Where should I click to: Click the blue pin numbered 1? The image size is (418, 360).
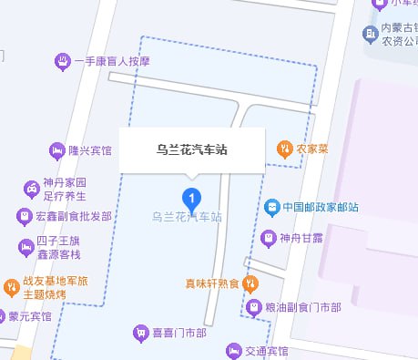pyautogui.click(x=191, y=197)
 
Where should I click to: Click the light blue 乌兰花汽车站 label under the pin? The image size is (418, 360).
pyautogui.click(x=187, y=217)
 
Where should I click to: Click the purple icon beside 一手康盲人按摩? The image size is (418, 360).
pyautogui.click(x=62, y=62)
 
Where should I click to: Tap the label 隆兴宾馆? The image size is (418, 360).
pyautogui.click(x=90, y=150)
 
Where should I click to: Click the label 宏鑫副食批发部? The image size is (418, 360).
pyautogui.click(x=74, y=217)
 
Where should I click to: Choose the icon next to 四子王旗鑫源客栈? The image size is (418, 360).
pyautogui.click(x=25, y=247)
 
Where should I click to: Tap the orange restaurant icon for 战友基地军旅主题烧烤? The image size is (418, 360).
pyautogui.click(x=10, y=288)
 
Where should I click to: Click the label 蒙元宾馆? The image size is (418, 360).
pyautogui.click(x=31, y=317)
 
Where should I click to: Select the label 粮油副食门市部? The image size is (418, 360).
pyautogui.click(x=301, y=308)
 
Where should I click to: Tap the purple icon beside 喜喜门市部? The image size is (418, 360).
pyautogui.click(x=141, y=332)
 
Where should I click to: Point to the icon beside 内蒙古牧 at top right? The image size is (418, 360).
pyautogui.click(x=370, y=35)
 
